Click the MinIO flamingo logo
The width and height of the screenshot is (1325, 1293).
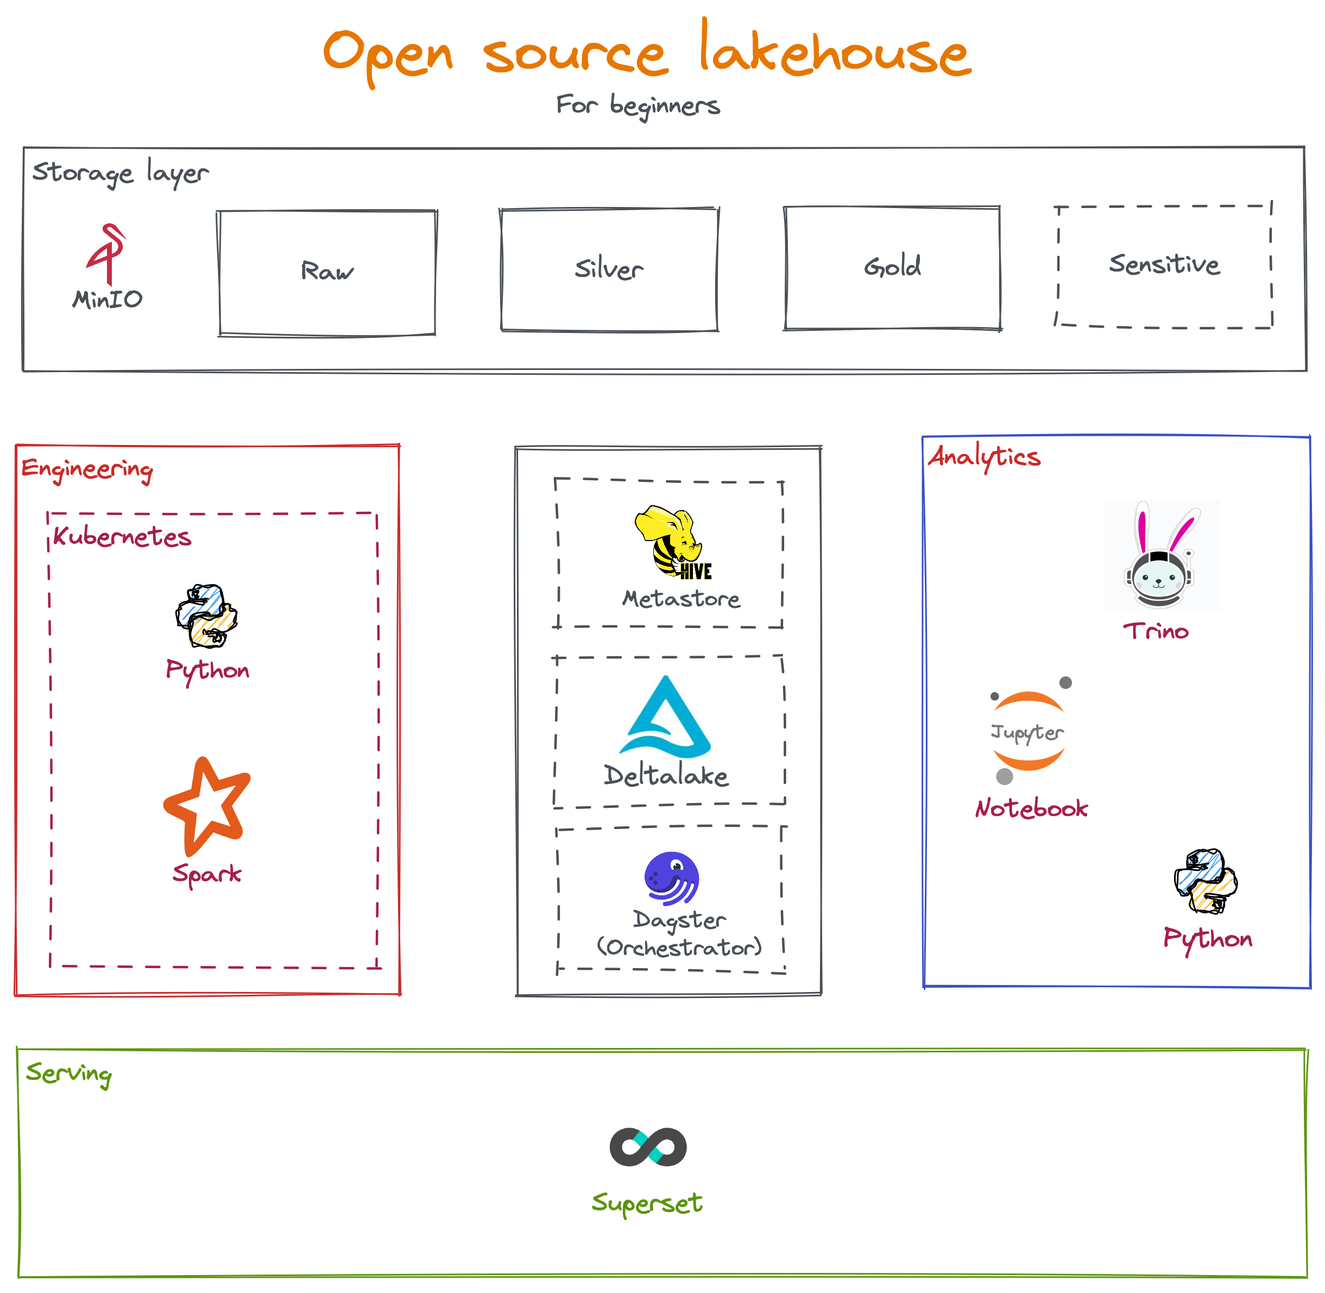coord(106,254)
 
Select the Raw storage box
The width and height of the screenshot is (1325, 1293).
coord(326,272)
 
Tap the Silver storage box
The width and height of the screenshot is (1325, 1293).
coord(609,269)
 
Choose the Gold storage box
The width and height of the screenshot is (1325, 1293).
coord(892,267)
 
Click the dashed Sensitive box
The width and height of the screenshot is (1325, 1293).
coord(1163,266)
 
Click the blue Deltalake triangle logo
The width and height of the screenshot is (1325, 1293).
coord(666,718)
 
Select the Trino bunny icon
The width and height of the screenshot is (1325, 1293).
coord(1162,555)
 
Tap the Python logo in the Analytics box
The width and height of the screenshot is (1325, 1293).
coord(1206,881)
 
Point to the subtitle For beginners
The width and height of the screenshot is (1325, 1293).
coord(638,106)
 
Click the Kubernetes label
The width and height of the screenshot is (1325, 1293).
coord(122,537)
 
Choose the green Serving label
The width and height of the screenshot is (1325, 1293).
coord(68,1074)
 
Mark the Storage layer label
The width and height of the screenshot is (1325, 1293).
coord(120,173)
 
